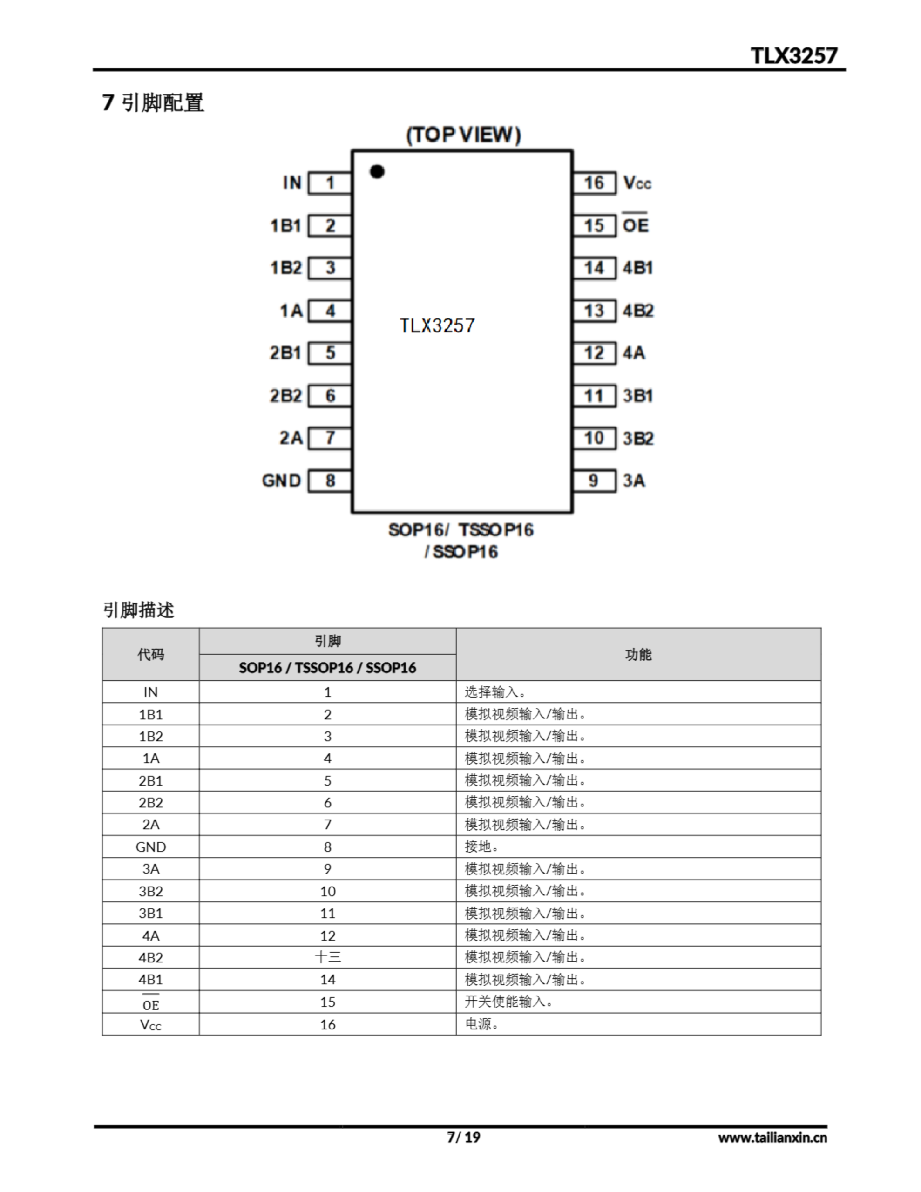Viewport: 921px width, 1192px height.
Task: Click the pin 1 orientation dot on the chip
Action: [377, 171]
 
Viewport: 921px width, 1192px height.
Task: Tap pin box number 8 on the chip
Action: [330, 481]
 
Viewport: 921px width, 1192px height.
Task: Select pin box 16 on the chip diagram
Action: [594, 183]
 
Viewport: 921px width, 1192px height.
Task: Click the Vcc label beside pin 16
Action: [637, 183]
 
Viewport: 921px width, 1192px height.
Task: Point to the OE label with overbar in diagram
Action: [636, 224]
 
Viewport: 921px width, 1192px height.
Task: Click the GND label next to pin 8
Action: [281, 481]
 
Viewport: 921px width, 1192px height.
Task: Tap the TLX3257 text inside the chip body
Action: [437, 326]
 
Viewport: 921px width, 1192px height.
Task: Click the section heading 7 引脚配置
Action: [153, 102]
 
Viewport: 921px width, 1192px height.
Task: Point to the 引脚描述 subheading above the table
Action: [139, 610]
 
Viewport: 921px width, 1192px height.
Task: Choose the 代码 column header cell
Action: [151, 654]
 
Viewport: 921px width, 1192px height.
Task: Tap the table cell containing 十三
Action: [327, 957]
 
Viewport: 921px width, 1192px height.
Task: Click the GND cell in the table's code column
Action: [151, 847]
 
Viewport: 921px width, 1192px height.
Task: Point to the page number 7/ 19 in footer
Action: [463, 1137]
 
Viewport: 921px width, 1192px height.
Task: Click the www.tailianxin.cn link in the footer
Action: [772, 1137]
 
